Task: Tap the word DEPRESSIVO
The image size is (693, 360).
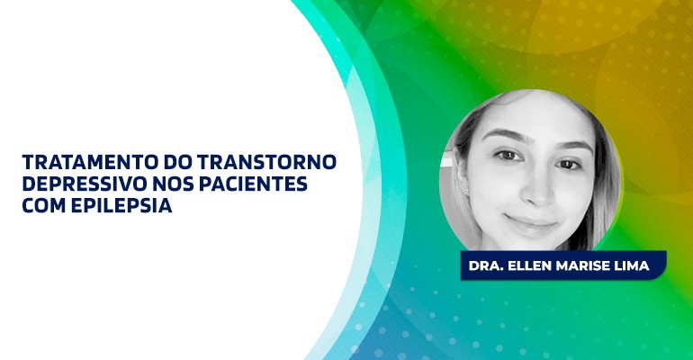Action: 84,184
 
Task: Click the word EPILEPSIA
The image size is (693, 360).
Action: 121,205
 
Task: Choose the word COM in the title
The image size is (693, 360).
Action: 44,205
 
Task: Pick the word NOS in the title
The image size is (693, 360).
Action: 173,184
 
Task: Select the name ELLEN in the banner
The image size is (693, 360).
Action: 529,265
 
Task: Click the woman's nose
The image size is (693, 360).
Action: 539,192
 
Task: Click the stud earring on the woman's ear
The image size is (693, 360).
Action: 466,190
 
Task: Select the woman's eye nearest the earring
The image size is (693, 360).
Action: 508,155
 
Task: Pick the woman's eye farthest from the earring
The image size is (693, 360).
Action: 570,165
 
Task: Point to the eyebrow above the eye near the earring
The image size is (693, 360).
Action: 504,134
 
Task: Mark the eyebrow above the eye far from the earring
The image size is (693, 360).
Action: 573,146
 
